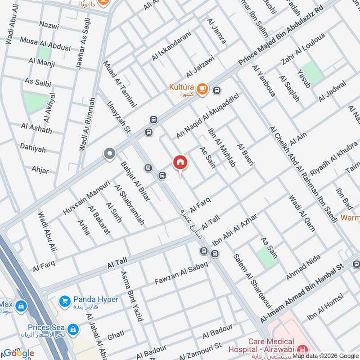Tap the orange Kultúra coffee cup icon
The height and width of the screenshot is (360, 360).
[202, 89]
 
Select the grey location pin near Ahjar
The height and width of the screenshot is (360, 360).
[109, 154]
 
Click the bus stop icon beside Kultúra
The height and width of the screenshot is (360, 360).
[217, 90]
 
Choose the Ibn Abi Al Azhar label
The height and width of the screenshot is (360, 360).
[234, 229]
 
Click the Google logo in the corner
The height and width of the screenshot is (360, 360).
[18, 353]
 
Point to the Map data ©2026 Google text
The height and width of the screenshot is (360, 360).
[325, 355]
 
